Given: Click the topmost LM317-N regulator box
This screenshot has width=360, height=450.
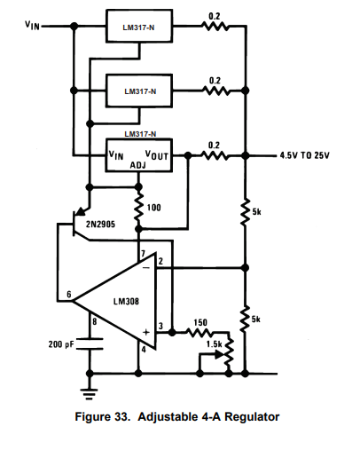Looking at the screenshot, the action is click(x=139, y=26).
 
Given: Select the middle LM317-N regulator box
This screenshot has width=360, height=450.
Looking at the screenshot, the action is click(x=139, y=91).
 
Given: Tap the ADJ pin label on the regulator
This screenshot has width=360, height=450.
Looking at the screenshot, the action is click(x=138, y=165).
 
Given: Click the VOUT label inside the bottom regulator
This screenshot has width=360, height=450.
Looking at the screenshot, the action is click(x=157, y=155).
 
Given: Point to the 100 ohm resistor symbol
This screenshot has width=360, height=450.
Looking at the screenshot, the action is click(x=138, y=207).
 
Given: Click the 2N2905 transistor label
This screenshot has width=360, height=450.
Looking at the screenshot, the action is click(x=100, y=224).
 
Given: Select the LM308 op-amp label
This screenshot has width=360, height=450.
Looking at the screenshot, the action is click(x=126, y=302).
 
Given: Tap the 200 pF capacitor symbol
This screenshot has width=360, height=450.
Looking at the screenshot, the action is click(x=90, y=343).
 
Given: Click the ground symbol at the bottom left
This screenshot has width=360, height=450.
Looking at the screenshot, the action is click(x=90, y=394).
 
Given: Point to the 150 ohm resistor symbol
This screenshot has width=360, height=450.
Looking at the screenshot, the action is click(x=199, y=333).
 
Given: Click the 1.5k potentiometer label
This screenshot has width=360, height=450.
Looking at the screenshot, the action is click(x=215, y=344).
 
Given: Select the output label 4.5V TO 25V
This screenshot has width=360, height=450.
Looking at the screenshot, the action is click(x=304, y=155).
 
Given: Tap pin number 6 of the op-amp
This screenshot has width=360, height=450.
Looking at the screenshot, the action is click(x=69, y=294).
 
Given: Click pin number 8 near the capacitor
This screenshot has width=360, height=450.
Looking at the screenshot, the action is click(x=94, y=321).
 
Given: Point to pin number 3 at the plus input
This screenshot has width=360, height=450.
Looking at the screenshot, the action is click(x=160, y=326).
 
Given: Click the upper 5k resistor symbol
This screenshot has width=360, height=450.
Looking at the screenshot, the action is click(x=245, y=212).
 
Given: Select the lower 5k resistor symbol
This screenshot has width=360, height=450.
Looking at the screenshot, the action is click(x=245, y=319).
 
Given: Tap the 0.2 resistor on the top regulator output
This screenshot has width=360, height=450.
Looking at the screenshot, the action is click(x=215, y=27).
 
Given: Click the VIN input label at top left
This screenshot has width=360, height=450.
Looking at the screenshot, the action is click(x=32, y=25).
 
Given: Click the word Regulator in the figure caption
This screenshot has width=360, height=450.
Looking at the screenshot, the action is click(x=252, y=417).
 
